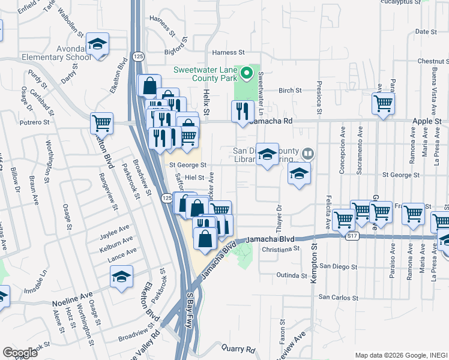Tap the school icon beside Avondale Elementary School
(97, 44)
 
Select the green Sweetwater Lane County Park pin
(246, 74)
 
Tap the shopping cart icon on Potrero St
(102, 124)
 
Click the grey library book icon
(307, 154)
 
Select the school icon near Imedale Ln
(122, 277)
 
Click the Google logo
(20, 352)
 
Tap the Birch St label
(289, 91)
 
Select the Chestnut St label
(430, 61)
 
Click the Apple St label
(426, 121)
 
